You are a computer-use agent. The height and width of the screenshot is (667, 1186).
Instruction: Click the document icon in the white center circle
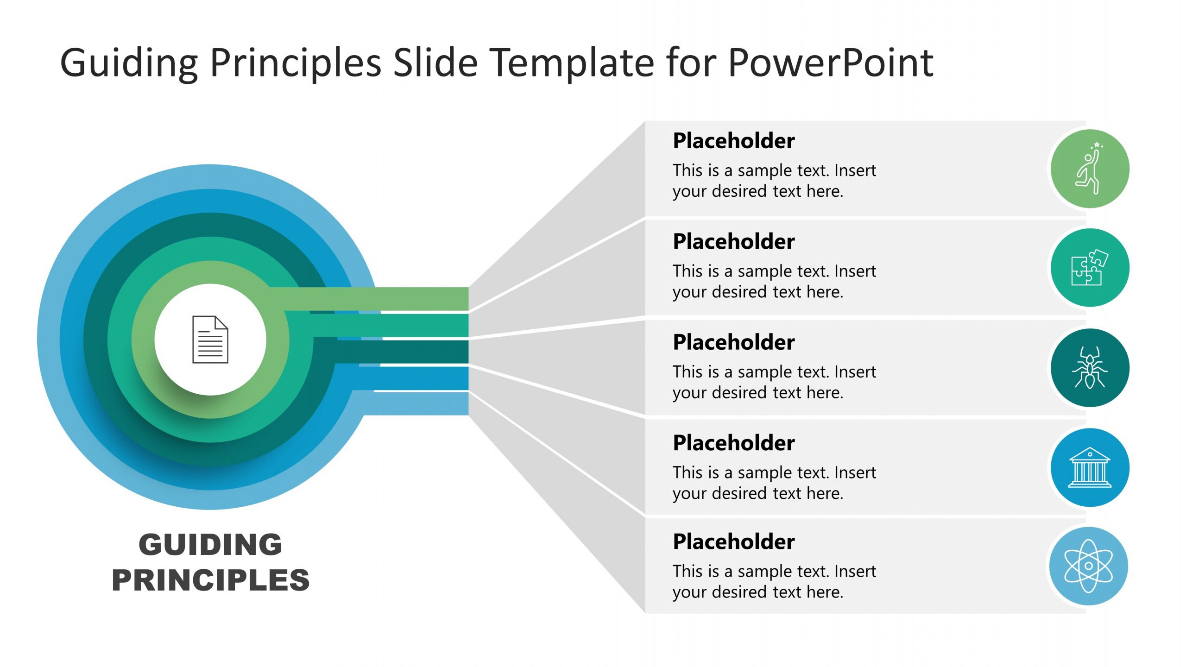pos(210,340)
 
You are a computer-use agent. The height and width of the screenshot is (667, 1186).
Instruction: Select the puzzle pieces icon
pos(1089,268)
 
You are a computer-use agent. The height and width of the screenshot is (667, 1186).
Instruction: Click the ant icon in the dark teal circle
pos(1089,368)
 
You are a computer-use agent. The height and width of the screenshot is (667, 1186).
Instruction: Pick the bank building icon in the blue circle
pos(1089,467)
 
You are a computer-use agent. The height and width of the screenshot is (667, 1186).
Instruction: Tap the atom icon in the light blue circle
pos(1088,566)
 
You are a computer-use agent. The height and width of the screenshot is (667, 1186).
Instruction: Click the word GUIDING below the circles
pos(210,544)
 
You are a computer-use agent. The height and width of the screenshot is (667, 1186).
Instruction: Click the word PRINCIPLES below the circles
pos(210,580)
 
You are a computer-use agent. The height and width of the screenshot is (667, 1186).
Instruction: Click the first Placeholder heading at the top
pos(733,141)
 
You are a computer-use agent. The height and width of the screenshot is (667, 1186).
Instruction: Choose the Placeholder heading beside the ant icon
pos(733,342)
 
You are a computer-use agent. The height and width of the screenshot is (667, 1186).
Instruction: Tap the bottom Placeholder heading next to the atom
pos(733,541)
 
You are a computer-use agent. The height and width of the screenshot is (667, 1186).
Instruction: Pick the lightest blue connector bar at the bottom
pos(417,403)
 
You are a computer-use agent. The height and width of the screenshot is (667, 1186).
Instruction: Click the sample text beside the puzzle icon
pos(774,281)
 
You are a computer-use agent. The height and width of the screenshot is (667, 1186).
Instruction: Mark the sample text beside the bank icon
pos(774,483)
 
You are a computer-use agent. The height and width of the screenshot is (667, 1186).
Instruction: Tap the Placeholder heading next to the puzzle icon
pos(733,241)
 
